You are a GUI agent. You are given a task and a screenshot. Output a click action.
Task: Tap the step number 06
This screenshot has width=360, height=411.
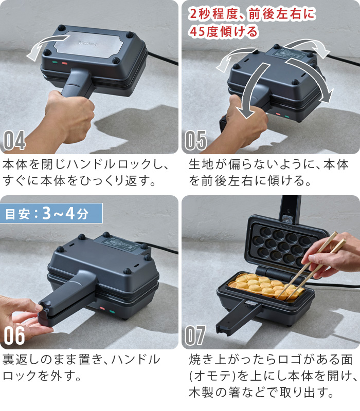point(15,335)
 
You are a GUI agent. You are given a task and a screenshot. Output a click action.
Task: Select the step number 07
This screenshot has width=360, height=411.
point(196,335)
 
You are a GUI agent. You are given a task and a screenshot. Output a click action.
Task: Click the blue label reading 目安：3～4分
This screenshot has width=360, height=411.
point(51,213)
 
